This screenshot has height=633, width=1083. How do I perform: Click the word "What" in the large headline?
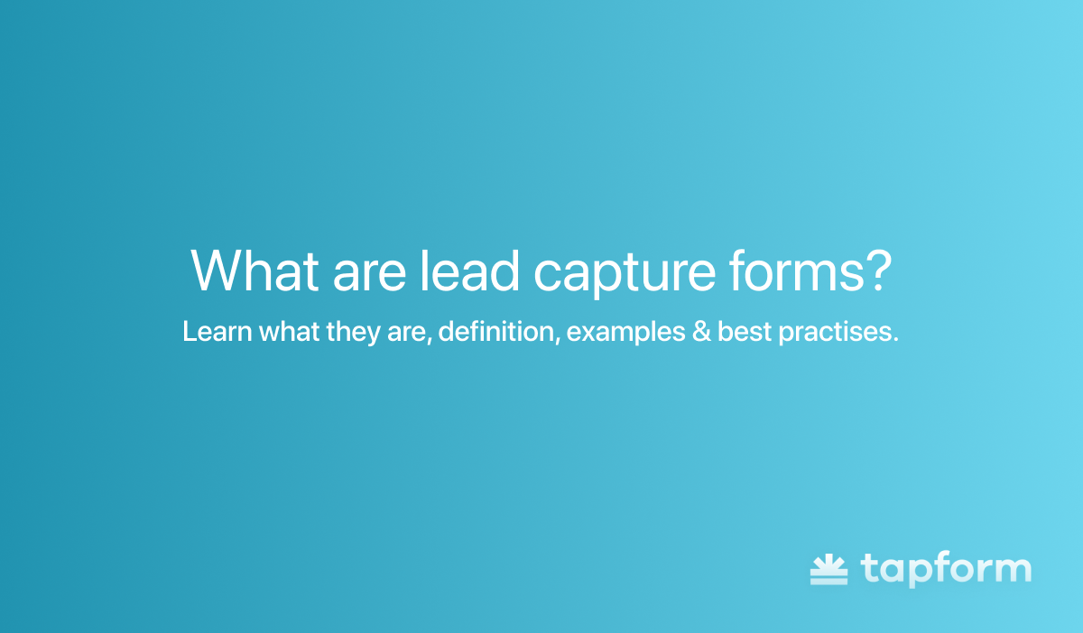point(255,271)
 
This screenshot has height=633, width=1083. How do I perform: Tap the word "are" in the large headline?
point(369,275)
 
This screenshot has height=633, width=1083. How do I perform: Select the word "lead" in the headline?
point(468,271)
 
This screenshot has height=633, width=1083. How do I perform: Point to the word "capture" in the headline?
point(625,274)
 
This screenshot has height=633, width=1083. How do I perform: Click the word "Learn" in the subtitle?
point(218,332)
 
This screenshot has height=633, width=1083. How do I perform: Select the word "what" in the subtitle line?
point(289,332)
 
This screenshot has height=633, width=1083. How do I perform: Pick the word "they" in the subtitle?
point(353,333)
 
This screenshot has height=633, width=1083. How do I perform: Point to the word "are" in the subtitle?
point(405,334)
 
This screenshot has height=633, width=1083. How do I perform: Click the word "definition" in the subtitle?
point(496,331)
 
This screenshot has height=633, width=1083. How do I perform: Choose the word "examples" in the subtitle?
point(625,333)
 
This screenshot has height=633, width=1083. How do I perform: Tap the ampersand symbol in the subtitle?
point(701,332)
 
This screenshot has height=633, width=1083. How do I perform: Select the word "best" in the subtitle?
point(745,332)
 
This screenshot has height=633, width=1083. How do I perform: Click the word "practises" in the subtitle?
point(835,333)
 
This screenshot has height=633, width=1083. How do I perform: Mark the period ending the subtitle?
point(895,339)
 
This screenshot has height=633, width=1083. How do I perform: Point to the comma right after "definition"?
point(558,340)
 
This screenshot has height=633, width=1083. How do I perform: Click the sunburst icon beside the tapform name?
point(828,569)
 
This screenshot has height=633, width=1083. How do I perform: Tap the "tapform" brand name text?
point(946,569)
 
